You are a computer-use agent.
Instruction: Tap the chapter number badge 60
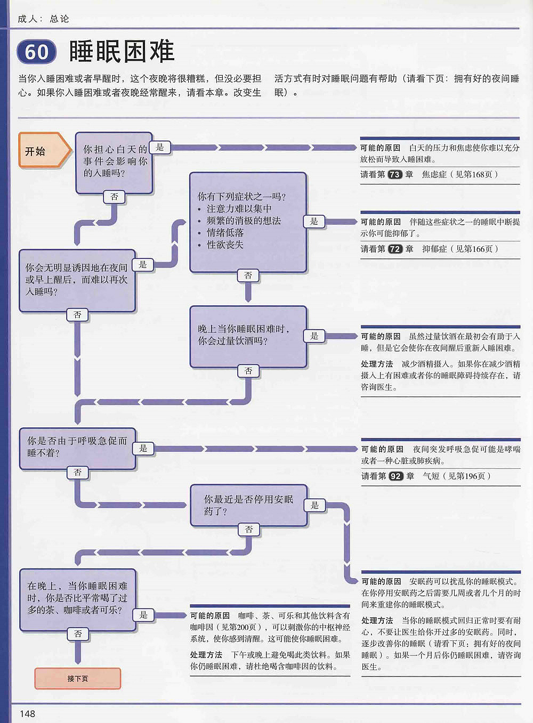[x=36, y=52]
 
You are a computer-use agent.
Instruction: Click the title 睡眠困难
[x=122, y=51]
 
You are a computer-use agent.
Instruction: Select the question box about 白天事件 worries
[x=114, y=162]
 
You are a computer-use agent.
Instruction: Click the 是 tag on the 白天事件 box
[x=160, y=147]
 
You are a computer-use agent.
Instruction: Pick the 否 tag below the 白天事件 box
[x=114, y=197]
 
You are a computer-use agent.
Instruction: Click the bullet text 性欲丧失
[x=225, y=245]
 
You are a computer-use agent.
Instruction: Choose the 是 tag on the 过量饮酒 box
[x=314, y=336]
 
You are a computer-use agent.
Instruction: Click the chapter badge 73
[x=394, y=174]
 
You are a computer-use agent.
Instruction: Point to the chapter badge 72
[x=395, y=249]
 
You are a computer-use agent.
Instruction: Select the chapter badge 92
[x=395, y=476]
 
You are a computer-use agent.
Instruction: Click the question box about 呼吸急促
[x=77, y=448]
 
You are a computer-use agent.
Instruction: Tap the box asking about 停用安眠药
[x=248, y=505]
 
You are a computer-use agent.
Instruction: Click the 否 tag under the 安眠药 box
[x=249, y=529]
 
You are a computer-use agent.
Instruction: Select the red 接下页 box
[x=78, y=678]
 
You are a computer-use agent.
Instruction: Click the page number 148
[x=27, y=713]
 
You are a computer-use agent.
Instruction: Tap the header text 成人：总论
[x=43, y=19]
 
